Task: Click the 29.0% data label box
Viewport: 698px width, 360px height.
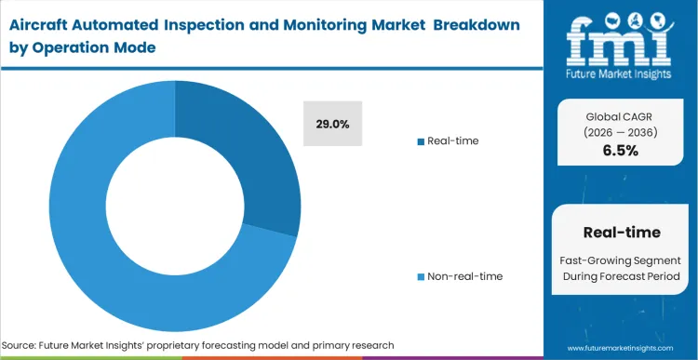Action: pos(333,124)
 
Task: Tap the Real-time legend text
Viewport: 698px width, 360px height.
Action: pos(453,140)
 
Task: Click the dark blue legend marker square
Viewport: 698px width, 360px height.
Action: pos(421,141)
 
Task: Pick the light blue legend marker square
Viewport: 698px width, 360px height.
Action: pos(421,276)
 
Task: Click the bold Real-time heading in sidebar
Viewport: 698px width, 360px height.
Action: pos(621,232)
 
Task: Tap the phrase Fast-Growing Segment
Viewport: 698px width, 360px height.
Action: pos(621,260)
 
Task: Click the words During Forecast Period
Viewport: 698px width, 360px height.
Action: pos(621,276)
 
